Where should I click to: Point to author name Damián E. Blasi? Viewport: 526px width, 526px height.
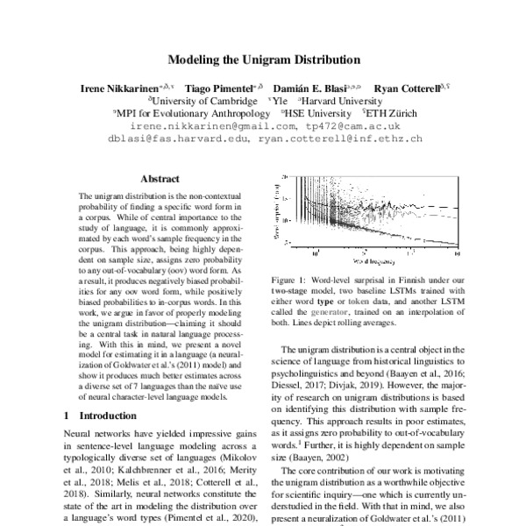tap(310, 89)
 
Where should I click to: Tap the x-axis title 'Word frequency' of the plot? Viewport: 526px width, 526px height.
tap(372, 261)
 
